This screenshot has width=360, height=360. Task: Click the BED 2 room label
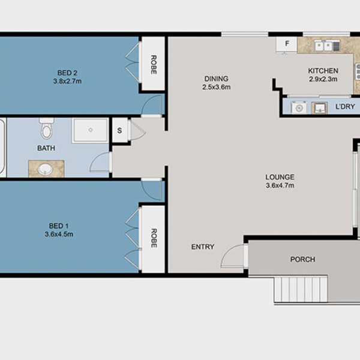click(x=67, y=73)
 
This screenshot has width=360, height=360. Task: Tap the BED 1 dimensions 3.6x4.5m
click(x=59, y=235)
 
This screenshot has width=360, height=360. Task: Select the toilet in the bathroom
click(x=47, y=128)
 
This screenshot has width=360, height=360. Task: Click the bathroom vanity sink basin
click(x=46, y=169)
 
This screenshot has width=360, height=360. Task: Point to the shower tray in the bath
click(x=90, y=131)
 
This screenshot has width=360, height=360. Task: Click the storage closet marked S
click(x=119, y=130)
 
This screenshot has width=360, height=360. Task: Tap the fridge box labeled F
click(x=287, y=45)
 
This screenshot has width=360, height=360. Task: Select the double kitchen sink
click(x=324, y=46)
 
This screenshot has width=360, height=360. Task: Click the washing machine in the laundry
click(x=299, y=107)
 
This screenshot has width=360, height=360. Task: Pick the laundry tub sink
click(x=319, y=108)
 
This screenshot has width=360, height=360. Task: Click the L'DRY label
click(x=346, y=107)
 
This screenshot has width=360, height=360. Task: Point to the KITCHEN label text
click(x=323, y=71)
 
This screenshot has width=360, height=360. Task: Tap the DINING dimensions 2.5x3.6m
click(x=216, y=87)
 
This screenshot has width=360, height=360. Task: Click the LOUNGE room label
click(x=280, y=177)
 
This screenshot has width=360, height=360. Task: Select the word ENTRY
click(x=203, y=247)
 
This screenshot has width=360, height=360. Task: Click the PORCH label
click(x=302, y=259)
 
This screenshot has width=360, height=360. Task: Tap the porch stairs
click(x=301, y=290)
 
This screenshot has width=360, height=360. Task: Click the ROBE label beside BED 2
click(x=154, y=65)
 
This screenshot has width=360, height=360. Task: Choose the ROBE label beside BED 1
click(x=154, y=238)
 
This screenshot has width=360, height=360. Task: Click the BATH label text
click(x=46, y=148)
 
